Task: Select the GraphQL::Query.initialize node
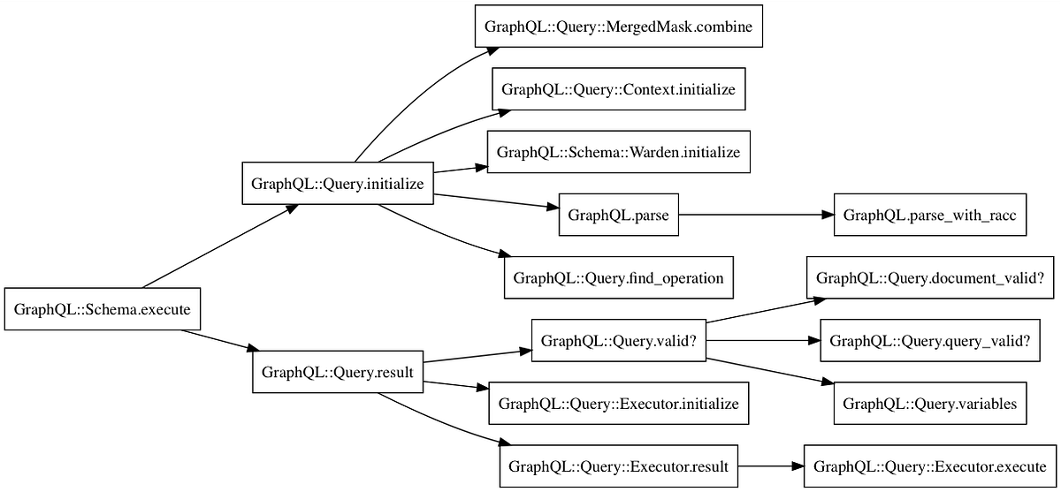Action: click(338, 184)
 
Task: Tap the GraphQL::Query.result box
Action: click(339, 372)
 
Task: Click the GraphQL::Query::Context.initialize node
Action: click(618, 89)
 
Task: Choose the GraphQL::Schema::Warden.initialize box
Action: click(618, 152)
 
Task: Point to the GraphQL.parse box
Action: click(618, 215)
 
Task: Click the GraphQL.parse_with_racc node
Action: click(929, 215)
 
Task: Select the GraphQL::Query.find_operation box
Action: click(618, 277)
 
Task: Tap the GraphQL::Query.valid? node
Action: click(618, 341)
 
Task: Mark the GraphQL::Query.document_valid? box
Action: click(929, 277)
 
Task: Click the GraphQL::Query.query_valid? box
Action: click(929, 341)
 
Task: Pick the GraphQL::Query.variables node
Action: click(929, 404)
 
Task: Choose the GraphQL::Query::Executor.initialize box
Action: click(618, 404)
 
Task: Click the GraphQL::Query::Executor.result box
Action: click(618, 466)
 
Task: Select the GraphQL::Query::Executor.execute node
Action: click(929, 466)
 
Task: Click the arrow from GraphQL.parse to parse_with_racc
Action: click(756, 215)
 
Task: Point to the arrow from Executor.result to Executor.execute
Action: click(769, 466)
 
